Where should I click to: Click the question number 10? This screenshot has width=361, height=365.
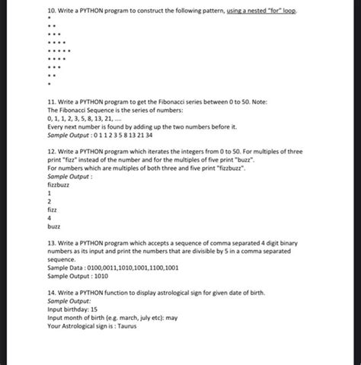point(51,12)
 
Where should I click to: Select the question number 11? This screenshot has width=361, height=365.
point(51,101)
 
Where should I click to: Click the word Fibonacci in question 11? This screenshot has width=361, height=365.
point(182,101)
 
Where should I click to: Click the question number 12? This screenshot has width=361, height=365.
point(51,152)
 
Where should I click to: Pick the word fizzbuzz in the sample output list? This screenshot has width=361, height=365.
point(59,184)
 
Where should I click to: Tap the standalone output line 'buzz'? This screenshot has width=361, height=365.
point(53,226)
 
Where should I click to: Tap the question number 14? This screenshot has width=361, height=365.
point(51,293)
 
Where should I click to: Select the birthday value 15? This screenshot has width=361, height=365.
point(94,309)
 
